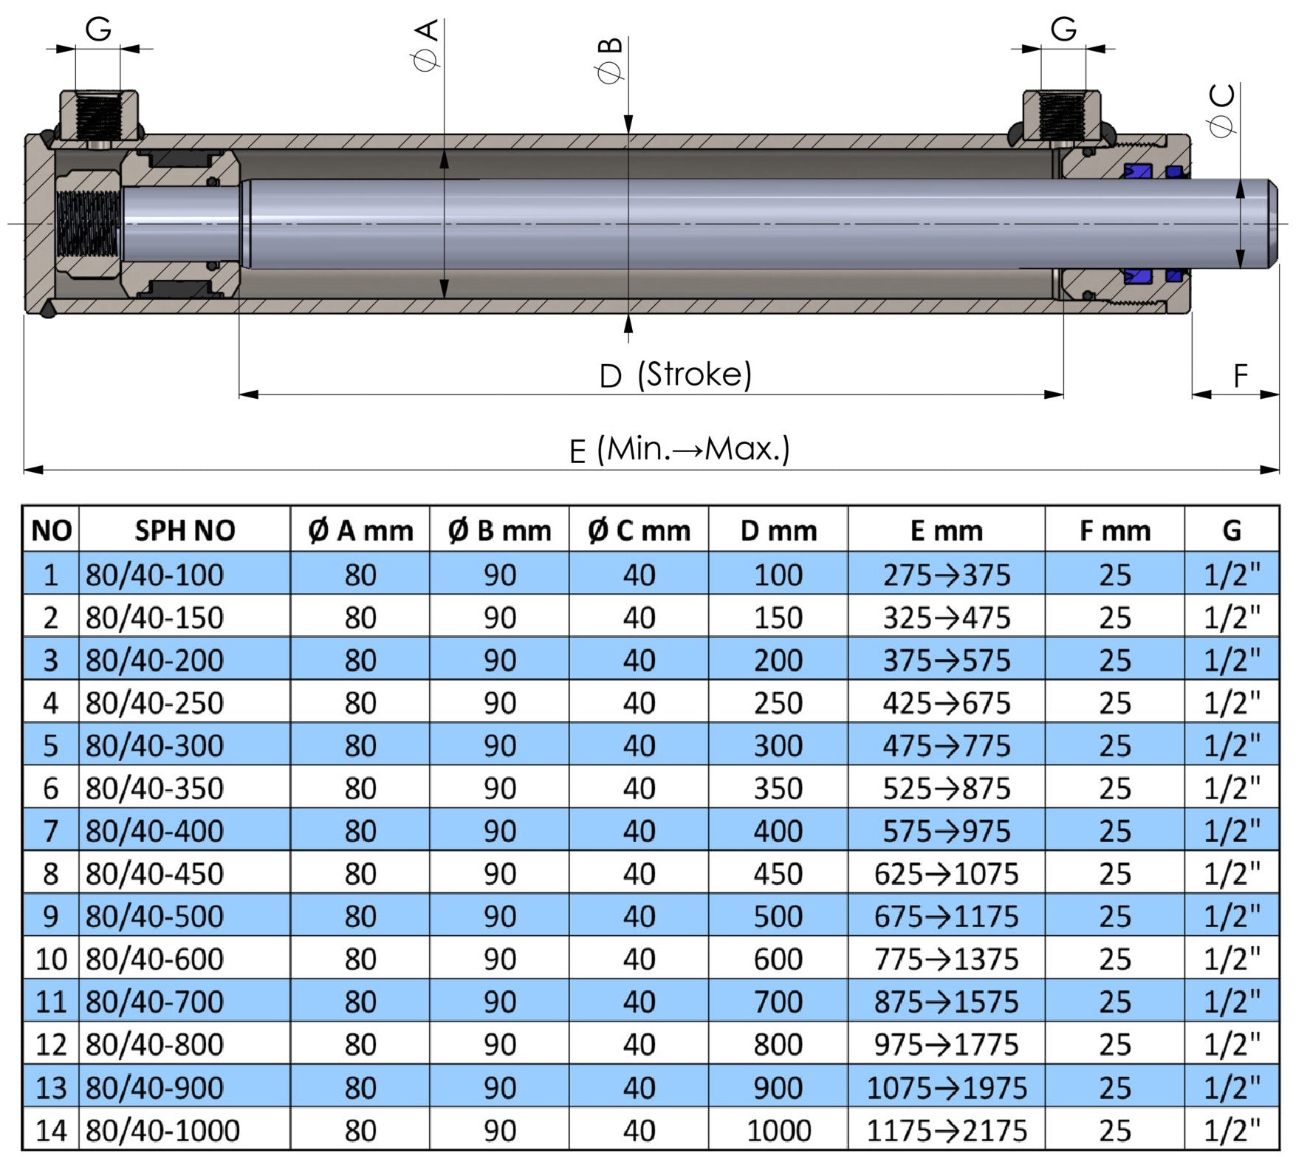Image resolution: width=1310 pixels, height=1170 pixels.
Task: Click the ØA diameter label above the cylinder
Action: tap(428, 45)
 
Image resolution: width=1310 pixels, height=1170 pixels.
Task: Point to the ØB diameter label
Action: tap(611, 61)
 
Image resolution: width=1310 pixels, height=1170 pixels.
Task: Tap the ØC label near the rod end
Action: tap(1223, 110)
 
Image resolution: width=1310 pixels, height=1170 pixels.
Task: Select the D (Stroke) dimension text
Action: tap(676, 374)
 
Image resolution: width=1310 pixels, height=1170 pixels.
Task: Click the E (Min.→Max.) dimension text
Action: tap(679, 449)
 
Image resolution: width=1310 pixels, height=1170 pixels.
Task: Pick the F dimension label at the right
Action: tap(1241, 376)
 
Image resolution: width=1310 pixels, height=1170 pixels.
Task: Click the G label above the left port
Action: tap(98, 30)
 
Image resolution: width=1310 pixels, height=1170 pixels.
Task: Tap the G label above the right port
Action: tap(1063, 30)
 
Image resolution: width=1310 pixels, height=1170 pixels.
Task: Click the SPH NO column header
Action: tap(185, 530)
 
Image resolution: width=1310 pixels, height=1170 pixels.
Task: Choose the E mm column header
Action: tap(946, 530)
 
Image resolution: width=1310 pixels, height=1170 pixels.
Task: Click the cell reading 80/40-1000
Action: tap(162, 1130)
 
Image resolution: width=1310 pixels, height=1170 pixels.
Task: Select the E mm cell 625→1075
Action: tap(946, 874)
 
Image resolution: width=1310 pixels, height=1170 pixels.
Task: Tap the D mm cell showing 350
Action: tap(778, 788)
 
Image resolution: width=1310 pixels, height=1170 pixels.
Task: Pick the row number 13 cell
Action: tap(51, 1087)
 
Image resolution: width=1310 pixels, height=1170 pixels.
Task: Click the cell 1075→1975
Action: tap(946, 1087)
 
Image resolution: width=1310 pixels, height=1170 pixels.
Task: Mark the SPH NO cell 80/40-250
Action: tap(154, 703)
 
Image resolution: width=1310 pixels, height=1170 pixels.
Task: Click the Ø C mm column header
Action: tap(639, 530)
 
